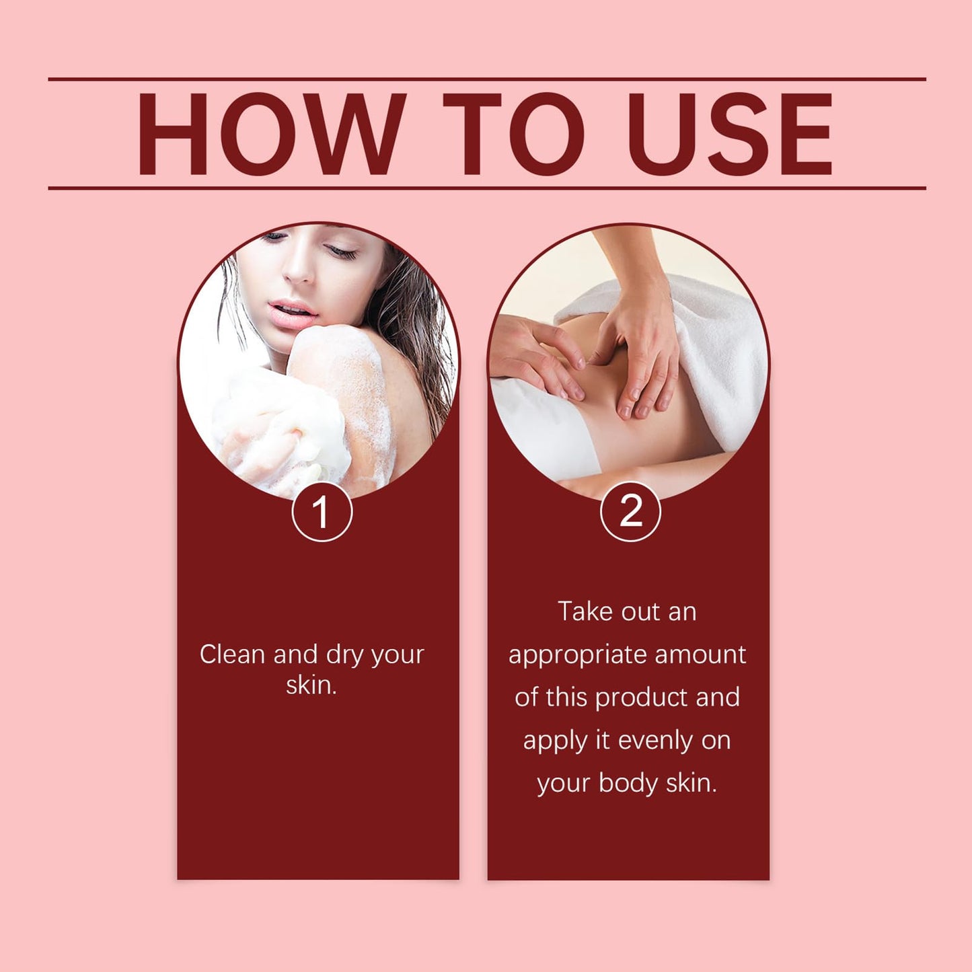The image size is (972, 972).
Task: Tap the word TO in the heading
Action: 514,134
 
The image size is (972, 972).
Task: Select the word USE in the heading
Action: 729,134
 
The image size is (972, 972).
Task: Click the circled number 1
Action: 322,511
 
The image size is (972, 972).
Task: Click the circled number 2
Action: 630,511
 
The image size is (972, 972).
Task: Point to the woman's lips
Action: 293,312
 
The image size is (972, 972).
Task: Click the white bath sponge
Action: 283,434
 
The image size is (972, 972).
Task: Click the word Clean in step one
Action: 233,655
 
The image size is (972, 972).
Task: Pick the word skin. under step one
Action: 311,685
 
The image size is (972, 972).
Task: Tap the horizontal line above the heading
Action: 487,79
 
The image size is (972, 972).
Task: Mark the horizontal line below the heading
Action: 487,188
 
